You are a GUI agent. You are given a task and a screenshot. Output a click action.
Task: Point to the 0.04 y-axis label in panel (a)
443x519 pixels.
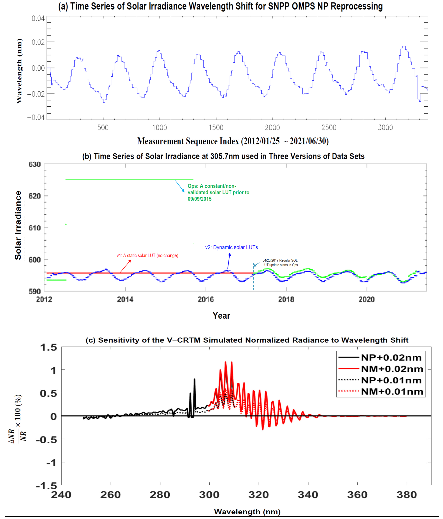[x=38, y=19]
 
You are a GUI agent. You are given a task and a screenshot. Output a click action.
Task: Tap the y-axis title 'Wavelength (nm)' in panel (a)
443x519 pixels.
[x=19, y=71]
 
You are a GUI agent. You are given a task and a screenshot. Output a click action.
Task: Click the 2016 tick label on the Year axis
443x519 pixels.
[x=206, y=299]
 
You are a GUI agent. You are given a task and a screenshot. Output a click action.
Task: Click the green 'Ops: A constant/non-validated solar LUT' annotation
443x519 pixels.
[x=218, y=192]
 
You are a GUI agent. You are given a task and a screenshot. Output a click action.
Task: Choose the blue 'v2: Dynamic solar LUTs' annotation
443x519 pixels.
[x=231, y=247]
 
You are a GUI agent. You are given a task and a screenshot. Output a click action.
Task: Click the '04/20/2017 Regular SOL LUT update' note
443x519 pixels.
[x=280, y=262]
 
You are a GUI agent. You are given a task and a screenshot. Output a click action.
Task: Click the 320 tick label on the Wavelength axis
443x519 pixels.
[x=259, y=495]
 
